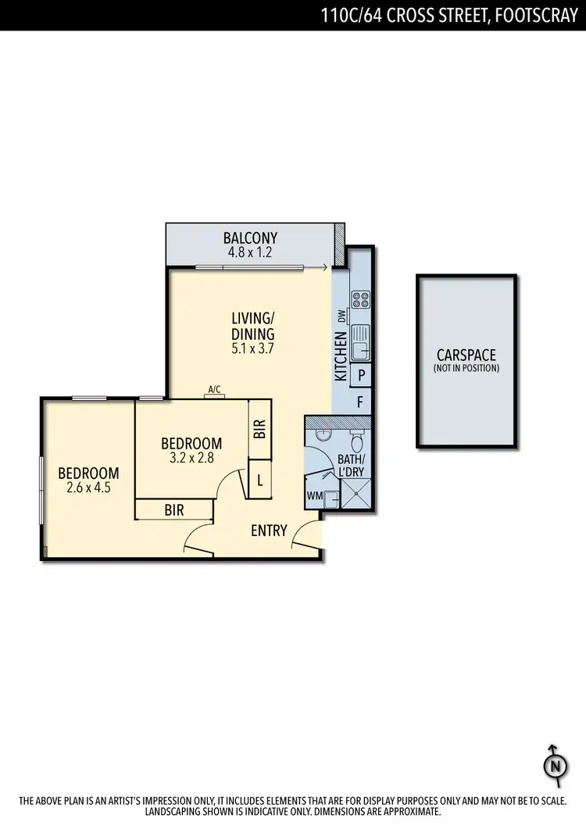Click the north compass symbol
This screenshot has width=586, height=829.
coord(554,764)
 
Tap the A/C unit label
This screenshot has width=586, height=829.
coord(214,388)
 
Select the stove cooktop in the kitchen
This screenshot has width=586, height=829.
coord(360,298)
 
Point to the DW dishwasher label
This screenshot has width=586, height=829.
coord(341,316)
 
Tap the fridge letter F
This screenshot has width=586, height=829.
coord(360,403)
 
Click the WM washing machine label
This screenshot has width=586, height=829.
coord(315,496)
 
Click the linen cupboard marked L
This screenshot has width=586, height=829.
coord(259,481)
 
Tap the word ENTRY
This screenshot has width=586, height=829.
coord(270,531)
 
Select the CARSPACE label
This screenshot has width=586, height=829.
coord(466,356)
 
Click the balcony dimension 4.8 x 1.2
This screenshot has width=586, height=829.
coord(250,252)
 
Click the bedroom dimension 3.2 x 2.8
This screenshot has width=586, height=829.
coord(192,458)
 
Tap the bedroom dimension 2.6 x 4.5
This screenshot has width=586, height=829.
coord(88,488)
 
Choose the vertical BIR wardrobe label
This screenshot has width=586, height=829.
coord(260,428)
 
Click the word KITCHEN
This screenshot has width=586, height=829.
coord(341,356)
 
